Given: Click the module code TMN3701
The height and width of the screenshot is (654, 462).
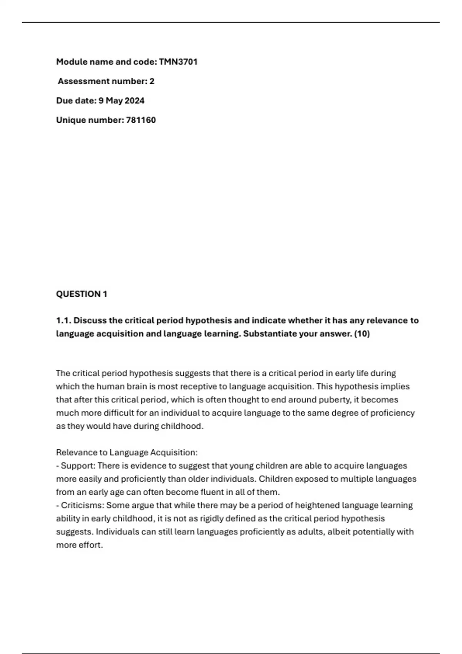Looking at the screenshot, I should (x=178, y=62).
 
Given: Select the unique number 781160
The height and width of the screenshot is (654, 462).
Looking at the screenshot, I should (x=141, y=120).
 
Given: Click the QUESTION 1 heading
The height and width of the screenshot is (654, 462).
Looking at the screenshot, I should (x=82, y=294).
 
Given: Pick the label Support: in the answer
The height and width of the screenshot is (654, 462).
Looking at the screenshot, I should (x=78, y=466).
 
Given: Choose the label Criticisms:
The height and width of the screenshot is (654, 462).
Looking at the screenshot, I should (x=82, y=506).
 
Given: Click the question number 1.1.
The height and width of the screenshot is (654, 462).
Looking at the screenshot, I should (x=64, y=320).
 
